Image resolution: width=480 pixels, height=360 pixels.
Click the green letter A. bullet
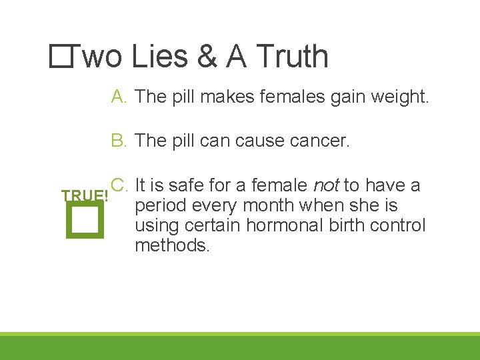coord(120,97)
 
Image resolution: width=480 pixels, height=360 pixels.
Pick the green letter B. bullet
coord(120,141)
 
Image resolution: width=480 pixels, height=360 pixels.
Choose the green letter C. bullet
coord(120,185)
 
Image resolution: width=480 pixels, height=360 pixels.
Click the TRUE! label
coord(85,196)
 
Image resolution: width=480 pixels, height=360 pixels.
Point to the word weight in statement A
coord(404,97)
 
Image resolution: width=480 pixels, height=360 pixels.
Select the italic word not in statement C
coord(326,185)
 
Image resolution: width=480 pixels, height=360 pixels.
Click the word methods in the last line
coord(172,245)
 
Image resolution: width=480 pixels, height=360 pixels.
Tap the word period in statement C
coord(160,206)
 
